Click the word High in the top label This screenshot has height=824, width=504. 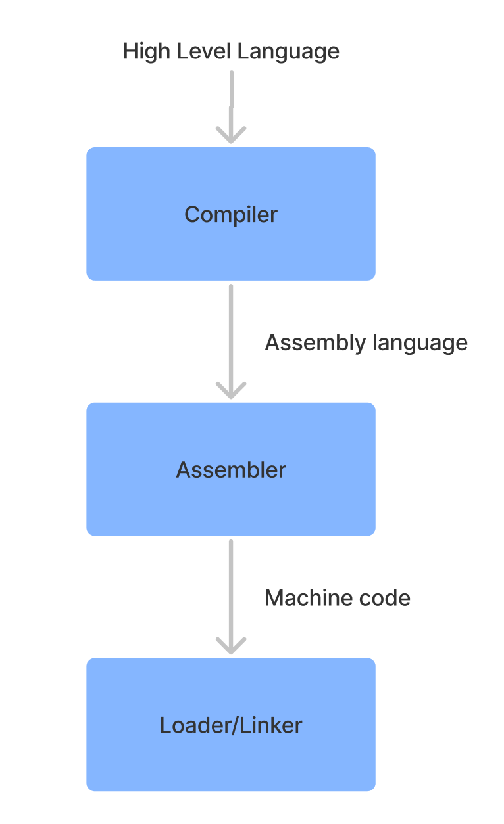point(146,51)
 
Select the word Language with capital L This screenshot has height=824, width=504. point(288,51)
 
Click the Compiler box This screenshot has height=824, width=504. point(231,214)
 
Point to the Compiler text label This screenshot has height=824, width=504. point(231,215)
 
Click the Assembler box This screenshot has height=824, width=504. point(231,469)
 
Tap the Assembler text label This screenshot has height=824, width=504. point(231,470)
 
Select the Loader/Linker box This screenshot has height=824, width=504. point(231,724)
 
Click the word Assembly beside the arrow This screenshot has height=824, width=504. point(315,343)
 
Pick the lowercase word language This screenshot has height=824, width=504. point(420,343)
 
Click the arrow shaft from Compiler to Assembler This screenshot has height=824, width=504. point(231,340)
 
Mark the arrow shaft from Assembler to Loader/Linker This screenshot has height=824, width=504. point(231,595)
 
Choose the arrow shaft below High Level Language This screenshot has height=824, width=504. point(232,106)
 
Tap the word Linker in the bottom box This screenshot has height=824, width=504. point(271,725)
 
